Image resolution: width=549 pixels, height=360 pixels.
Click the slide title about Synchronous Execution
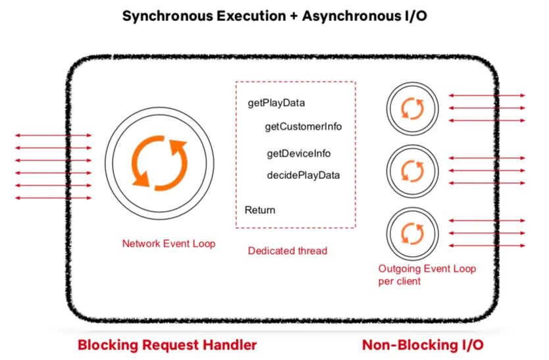[274, 16]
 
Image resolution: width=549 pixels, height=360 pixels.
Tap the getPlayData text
[276, 103]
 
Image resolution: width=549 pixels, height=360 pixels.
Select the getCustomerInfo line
[303, 126]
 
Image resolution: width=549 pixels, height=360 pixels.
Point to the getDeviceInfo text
[298, 154]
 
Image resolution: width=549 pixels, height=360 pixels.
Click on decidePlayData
[303, 175]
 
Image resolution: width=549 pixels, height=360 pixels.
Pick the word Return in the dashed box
[260, 210]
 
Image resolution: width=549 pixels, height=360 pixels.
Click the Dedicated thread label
[287, 251]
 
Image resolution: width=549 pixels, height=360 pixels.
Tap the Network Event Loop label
[169, 244]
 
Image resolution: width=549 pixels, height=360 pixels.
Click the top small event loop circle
[412, 108]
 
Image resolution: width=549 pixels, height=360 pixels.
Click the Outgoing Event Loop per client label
[427, 274]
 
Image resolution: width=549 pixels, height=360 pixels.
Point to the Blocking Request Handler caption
[167, 344]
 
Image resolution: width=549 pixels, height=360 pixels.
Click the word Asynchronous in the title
[342, 16]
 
